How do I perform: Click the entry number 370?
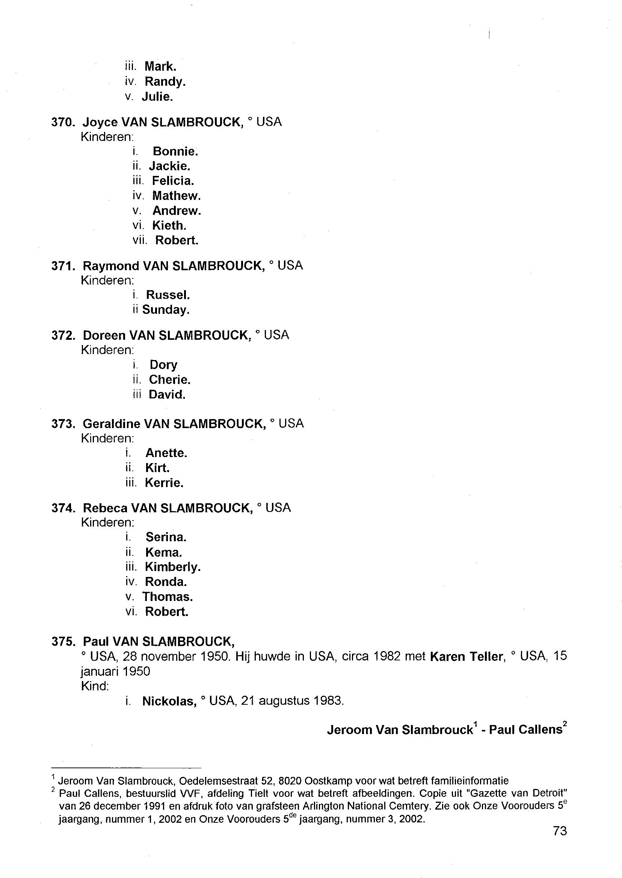tap(62, 122)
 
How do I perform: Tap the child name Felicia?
tap(173, 180)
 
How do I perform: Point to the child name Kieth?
tap(169, 226)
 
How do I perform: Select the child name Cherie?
tap(169, 380)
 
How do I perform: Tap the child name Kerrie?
tap(164, 483)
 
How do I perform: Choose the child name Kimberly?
tap(173, 567)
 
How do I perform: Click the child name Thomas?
tap(168, 597)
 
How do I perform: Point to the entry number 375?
tap(62, 642)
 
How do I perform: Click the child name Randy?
tap(165, 82)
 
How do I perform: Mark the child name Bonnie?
tap(175, 151)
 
